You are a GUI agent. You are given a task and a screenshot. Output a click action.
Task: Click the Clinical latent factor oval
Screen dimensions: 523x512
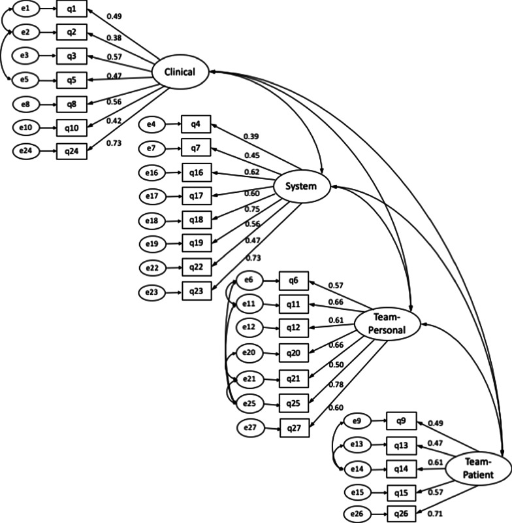point(180,72)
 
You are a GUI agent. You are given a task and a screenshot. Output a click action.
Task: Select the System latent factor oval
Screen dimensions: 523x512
point(300,186)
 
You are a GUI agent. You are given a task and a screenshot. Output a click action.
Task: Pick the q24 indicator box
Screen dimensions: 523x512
point(71,150)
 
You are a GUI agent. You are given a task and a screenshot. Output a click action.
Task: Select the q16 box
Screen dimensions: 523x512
point(197,173)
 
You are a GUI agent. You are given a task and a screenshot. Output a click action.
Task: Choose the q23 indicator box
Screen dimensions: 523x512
point(197,291)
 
